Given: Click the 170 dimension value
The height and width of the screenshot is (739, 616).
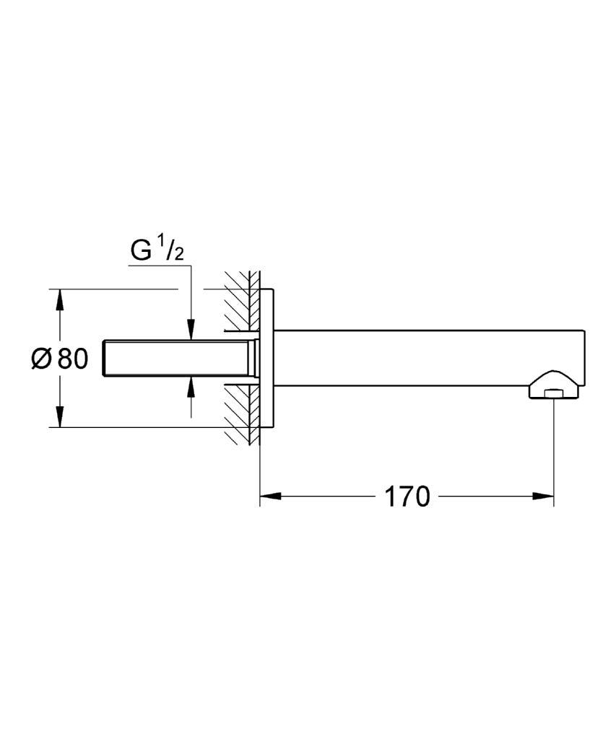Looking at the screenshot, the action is click(407, 497).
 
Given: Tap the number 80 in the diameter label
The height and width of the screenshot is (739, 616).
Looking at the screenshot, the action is click(73, 359).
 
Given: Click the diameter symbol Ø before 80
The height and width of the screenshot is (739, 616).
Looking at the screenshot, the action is click(41, 359).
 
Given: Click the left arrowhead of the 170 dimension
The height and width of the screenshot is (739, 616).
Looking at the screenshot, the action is click(271, 496).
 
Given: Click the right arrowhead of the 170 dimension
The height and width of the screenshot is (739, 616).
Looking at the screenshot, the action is click(543, 496).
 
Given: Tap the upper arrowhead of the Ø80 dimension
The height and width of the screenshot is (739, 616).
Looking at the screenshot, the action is click(59, 299).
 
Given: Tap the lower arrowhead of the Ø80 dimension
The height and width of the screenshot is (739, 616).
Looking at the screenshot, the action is click(59, 416).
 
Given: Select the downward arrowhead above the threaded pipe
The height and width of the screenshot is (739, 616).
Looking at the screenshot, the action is click(191, 329).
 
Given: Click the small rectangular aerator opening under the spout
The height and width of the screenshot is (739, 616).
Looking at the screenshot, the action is click(552, 395).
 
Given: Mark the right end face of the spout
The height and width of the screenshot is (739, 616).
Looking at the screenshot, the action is click(585, 358).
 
